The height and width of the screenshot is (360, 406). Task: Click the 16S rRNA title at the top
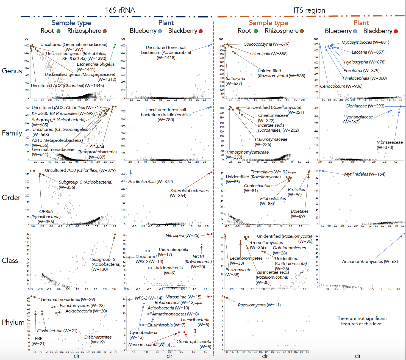tap(120, 10)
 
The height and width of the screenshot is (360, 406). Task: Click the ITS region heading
tap(309, 10)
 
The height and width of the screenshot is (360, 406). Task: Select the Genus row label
tap(12, 71)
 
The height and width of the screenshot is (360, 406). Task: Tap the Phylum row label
tap(13, 322)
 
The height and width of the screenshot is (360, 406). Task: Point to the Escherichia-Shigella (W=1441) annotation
tap(96, 67)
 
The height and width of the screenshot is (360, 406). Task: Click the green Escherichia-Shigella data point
tap(115, 45)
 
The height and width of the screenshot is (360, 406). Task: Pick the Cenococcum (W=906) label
tap(341, 86)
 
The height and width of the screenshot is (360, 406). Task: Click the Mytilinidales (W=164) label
tap(365, 174)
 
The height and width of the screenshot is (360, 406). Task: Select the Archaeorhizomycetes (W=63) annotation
tap(370, 262)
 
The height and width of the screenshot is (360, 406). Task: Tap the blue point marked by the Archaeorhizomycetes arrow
tap(404, 234)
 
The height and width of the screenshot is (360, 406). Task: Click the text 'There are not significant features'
tap(361, 321)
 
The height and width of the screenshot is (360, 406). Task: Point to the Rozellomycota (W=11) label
tap(259, 305)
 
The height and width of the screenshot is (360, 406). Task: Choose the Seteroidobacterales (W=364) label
tap(189, 193)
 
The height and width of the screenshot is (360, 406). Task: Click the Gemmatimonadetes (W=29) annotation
tap(68, 300)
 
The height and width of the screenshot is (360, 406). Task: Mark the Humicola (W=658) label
tap(270, 54)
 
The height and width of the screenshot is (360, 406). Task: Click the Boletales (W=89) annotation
tap(299, 214)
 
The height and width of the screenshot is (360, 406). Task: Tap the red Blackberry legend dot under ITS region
tap(396, 31)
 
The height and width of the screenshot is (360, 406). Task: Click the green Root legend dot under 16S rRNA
tap(59, 31)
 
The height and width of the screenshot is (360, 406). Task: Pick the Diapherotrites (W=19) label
tap(98, 340)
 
